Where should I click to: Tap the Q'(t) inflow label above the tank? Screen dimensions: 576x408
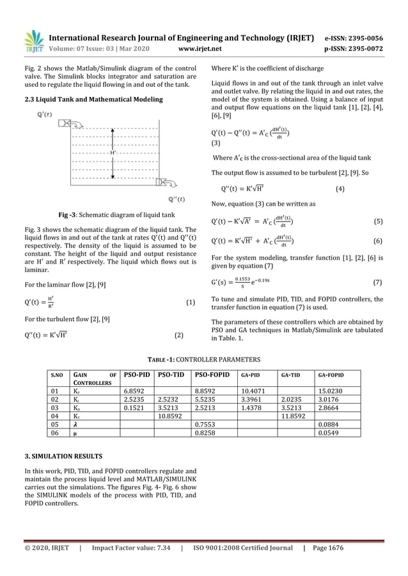[x=45, y=116]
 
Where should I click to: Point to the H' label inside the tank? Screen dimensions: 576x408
[x=113, y=153]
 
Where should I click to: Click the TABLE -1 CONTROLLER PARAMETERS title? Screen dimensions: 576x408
[x=204, y=359]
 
